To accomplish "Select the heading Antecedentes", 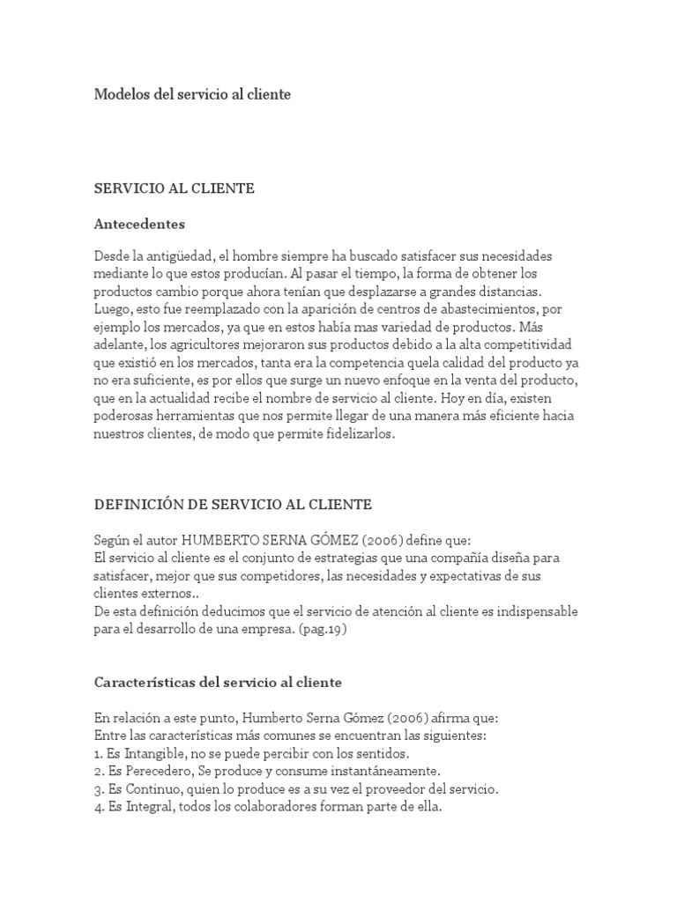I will pos(139,224).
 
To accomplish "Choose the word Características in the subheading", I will pos(147,683).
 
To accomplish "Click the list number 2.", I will pos(98,771).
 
